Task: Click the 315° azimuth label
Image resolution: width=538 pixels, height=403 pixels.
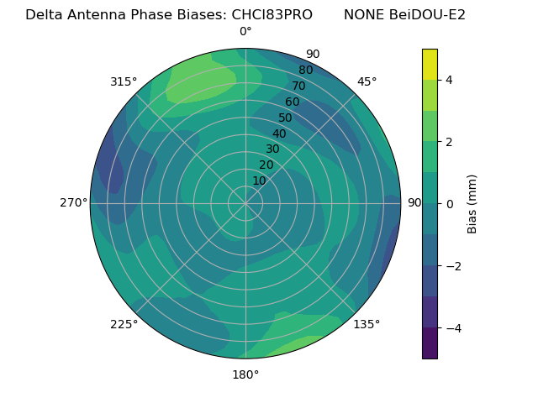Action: (124, 81)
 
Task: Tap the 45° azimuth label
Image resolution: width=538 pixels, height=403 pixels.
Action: (367, 81)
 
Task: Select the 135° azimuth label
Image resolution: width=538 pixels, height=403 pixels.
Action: (367, 324)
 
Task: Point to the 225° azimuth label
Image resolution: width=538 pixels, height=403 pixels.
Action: (124, 324)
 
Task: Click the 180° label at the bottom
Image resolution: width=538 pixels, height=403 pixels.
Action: (245, 374)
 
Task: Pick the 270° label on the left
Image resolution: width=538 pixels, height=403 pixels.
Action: (73, 202)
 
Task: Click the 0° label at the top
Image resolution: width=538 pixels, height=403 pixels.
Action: (245, 32)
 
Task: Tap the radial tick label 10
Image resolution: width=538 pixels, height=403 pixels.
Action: (259, 181)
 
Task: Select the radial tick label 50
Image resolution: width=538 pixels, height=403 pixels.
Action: (286, 118)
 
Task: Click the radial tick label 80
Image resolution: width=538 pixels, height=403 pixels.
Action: (306, 70)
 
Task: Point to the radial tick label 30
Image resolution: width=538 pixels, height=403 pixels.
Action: (272, 149)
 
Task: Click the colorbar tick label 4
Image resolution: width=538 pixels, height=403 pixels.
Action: (450, 80)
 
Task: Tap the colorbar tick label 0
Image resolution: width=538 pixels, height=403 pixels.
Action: (450, 203)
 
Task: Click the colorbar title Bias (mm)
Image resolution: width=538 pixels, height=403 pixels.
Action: (472, 203)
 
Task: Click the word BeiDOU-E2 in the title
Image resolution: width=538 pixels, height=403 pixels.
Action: (426, 14)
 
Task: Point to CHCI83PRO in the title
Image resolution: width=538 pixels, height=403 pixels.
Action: (271, 14)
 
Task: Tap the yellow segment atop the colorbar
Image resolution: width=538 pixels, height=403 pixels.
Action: (430, 64)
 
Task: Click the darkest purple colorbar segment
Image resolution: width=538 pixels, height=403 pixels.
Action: (430, 343)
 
